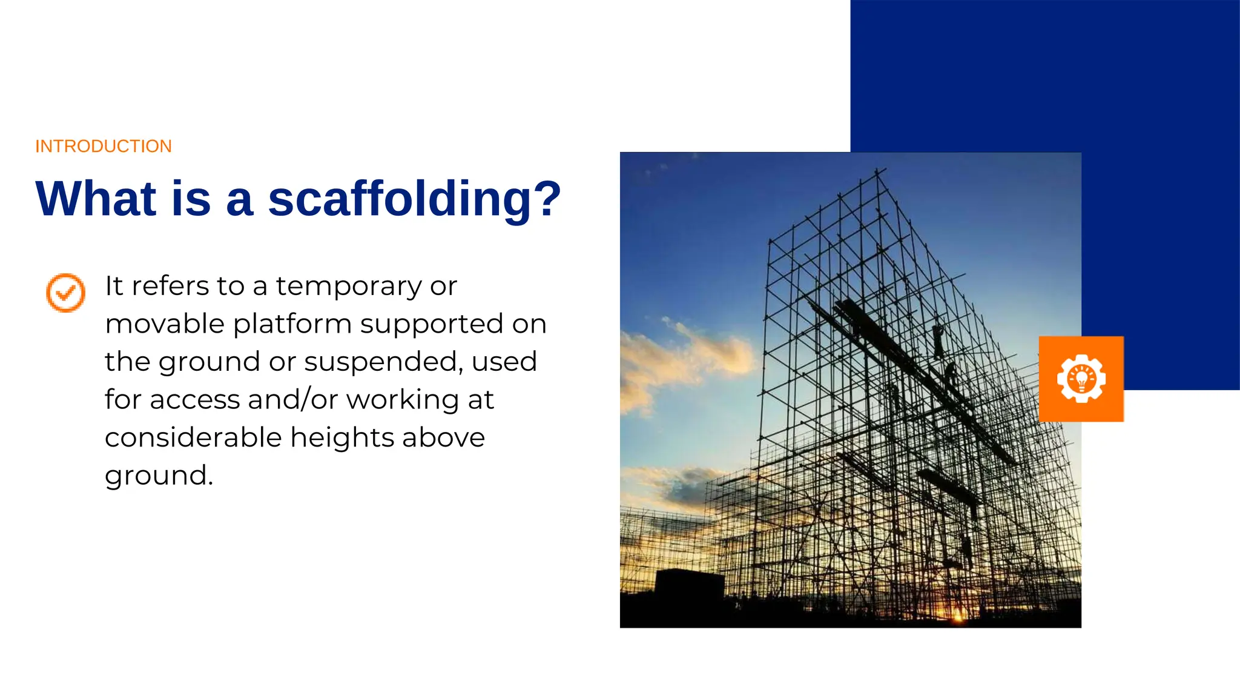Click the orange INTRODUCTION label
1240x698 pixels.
104,146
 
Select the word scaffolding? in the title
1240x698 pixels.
415,200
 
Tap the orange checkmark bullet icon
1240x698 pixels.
66,293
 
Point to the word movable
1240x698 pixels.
165,324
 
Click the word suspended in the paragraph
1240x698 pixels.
383,362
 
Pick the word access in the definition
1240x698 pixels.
195,400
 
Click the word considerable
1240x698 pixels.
193,437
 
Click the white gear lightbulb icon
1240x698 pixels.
1081,379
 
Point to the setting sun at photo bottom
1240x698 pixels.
958,617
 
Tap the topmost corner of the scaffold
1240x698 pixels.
877,171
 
